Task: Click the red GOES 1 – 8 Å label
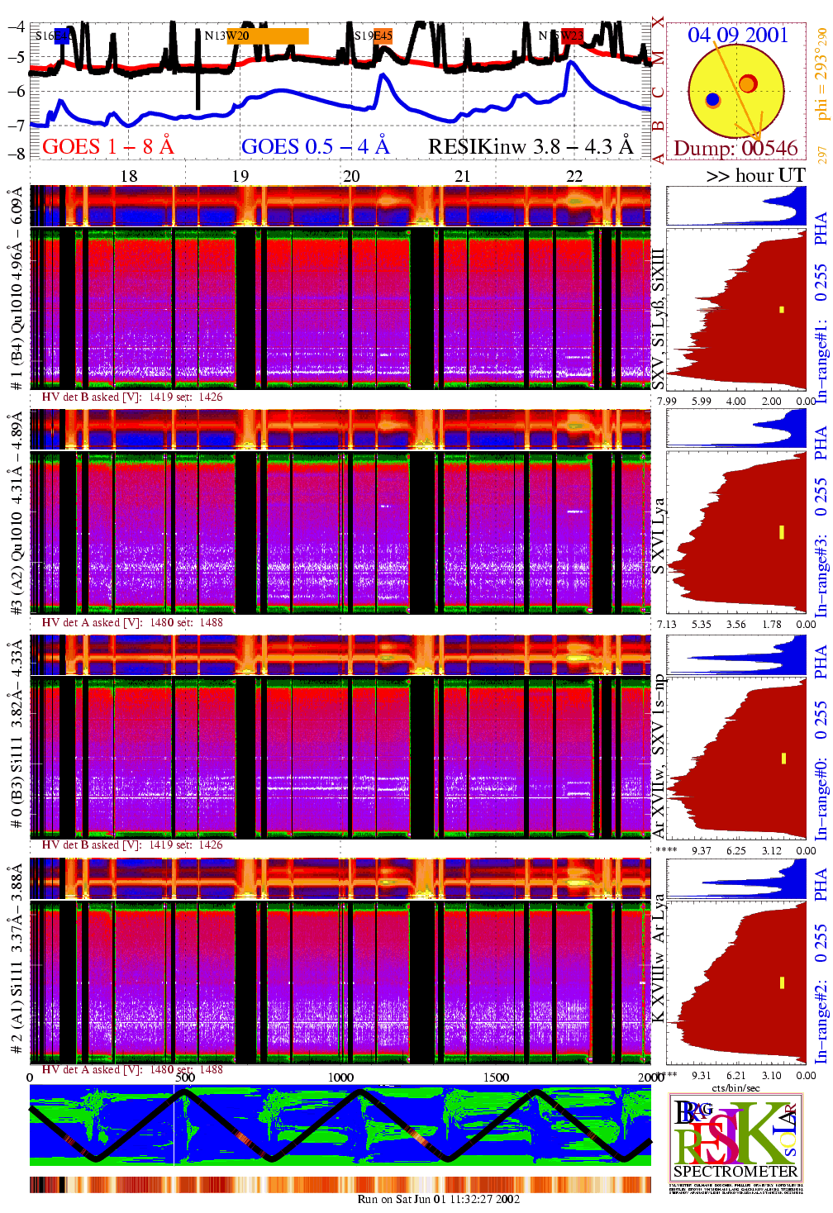pyautogui.click(x=107, y=146)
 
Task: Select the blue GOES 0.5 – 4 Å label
pyautogui.click(x=315, y=146)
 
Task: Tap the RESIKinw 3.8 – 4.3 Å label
pyautogui.click(x=531, y=146)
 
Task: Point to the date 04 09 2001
pyautogui.click(x=738, y=35)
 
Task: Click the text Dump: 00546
pyautogui.click(x=735, y=148)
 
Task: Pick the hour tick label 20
pyautogui.click(x=351, y=176)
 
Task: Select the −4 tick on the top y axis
pyautogui.click(x=16, y=26)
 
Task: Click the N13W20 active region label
pyautogui.click(x=226, y=36)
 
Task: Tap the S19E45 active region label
pyautogui.click(x=373, y=36)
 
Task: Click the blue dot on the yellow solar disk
pyautogui.click(x=712, y=100)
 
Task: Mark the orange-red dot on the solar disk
pyautogui.click(x=747, y=83)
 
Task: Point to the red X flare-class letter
pyautogui.click(x=658, y=21)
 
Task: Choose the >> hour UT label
pyautogui.click(x=755, y=175)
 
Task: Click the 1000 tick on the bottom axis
pyautogui.click(x=340, y=1077)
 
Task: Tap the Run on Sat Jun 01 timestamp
pyautogui.click(x=438, y=1199)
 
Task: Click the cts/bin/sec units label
pyautogui.click(x=735, y=1087)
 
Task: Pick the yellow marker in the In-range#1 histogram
pyautogui.click(x=781, y=310)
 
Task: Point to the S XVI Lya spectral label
pyautogui.click(x=658, y=536)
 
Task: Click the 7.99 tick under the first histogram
pyautogui.click(x=666, y=401)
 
